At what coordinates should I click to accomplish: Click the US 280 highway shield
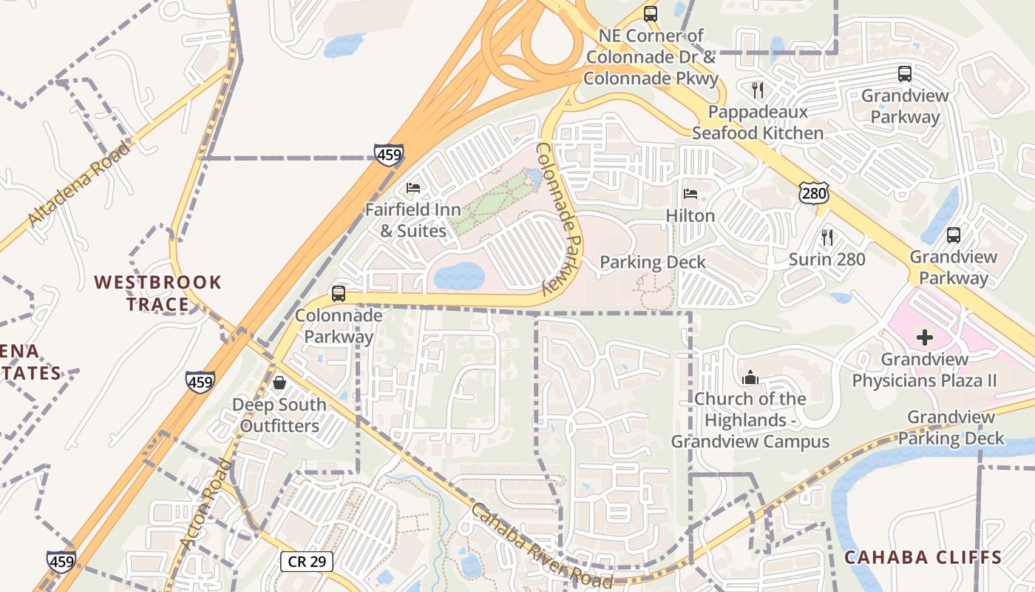tap(813, 194)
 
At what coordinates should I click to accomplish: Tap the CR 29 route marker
tap(307, 561)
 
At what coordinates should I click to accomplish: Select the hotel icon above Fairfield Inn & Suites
tap(413, 188)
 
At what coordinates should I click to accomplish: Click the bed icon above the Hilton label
tap(690, 194)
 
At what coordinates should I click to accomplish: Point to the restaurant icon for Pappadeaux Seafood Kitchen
tap(757, 90)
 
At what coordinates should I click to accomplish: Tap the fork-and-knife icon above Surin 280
tap(827, 238)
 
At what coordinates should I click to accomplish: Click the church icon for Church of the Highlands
tap(750, 377)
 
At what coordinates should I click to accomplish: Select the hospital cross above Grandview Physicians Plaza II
tap(924, 338)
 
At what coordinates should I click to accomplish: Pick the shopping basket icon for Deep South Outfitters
tap(279, 383)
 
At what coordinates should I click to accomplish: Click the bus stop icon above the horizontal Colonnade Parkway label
tap(339, 293)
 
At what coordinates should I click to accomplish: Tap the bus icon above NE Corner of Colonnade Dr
tap(650, 13)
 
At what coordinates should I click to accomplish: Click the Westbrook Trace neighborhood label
tap(157, 293)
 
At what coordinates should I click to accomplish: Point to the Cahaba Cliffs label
tap(923, 557)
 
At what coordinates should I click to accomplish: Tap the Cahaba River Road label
tap(541, 546)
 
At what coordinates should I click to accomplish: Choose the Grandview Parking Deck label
tap(951, 428)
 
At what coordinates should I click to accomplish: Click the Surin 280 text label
tap(827, 259)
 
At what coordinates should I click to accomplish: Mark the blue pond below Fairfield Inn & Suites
tap(458, 277)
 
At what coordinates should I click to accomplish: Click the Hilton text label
tap(690, 215)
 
